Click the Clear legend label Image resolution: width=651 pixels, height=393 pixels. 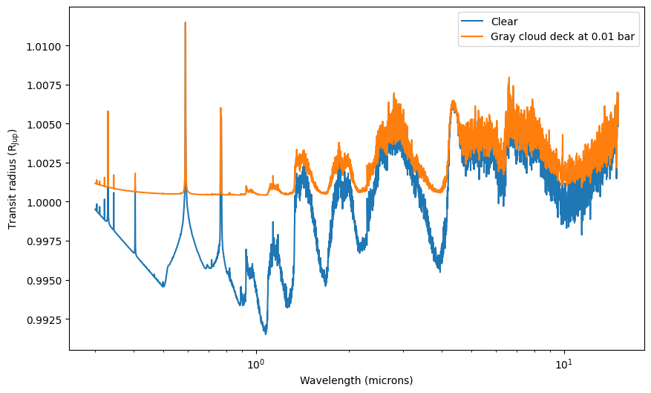tap(504, 22)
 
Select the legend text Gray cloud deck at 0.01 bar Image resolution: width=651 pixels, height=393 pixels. tap(563, 36)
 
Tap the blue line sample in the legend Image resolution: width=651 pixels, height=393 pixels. tap(472, 22)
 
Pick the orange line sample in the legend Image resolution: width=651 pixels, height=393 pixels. tap(472, 36)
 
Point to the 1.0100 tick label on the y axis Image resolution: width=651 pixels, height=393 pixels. tap(44, 47)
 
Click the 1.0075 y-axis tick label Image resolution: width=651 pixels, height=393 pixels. tap(44, 85)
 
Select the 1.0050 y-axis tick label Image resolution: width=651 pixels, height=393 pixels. tap(44, 125)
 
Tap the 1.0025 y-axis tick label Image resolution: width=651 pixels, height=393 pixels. tap(44, 163)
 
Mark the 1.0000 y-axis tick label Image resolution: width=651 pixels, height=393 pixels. tap(44, 203)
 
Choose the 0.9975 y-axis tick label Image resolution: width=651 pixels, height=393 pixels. tap(44, 241)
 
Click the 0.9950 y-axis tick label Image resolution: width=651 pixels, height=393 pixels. tap(44, 281)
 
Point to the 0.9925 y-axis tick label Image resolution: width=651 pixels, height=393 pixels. tap(44, 320)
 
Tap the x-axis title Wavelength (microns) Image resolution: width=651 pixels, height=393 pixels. tap(356, 380)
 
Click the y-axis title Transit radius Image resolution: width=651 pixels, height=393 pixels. tap(12, 178)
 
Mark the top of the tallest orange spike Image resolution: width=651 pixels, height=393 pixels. tap(185, 22)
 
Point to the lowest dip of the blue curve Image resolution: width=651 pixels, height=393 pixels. tap(266, 334)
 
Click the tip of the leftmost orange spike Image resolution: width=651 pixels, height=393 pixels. tap(108, 111)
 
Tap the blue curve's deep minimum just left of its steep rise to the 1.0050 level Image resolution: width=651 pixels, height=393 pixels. tap(439, 271)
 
